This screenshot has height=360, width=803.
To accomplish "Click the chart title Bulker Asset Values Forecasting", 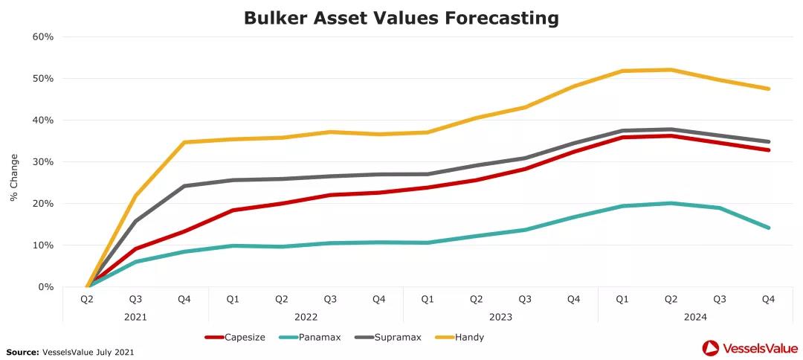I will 401,19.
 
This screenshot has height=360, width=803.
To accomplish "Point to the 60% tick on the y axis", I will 43,36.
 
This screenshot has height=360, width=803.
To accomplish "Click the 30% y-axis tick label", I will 43,161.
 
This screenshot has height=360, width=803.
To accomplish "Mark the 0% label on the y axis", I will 46,286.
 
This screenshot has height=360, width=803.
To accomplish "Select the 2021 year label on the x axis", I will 135,316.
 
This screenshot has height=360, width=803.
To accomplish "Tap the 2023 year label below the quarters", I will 500,316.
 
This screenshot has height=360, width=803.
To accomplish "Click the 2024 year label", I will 694,316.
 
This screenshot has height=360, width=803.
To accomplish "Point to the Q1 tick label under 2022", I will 233,299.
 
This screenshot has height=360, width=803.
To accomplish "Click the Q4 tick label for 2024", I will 768,299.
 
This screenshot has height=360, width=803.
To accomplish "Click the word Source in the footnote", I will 22,351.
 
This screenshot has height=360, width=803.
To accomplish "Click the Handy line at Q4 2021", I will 184,142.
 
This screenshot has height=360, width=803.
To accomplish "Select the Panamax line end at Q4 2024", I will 768,228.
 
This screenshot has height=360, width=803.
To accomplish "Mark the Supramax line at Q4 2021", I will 184,186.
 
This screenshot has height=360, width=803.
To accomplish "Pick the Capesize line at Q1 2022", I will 233,210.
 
